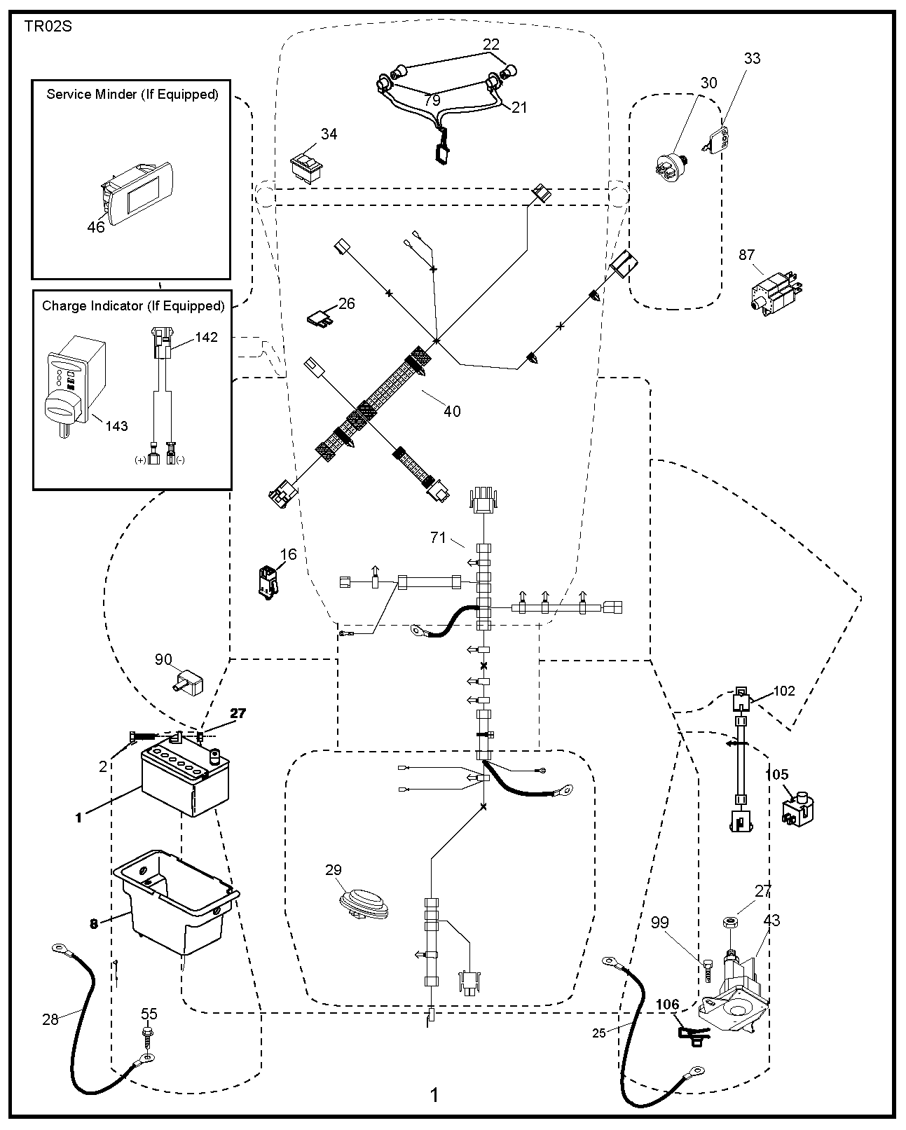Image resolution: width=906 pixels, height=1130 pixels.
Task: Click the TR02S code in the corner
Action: [48, 27]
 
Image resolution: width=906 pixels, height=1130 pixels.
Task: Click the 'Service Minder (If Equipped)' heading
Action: [132, 94]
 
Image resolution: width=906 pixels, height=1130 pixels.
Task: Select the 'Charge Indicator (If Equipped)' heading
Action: [133, 305]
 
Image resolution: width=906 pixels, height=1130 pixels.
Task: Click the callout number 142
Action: [206, 337]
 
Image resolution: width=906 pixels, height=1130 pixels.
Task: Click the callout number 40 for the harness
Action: [452, 411]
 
